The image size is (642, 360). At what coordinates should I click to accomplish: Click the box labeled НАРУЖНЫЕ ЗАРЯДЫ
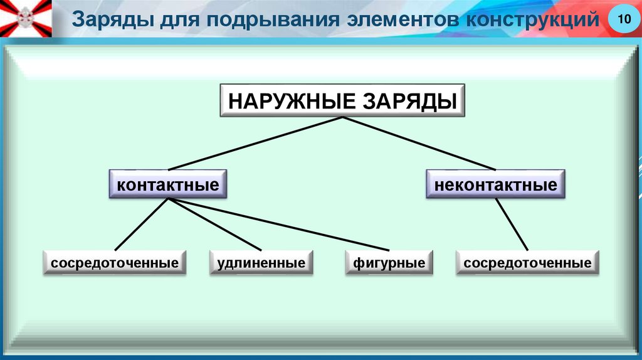pos(342,100)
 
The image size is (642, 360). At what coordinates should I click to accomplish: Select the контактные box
pos(168,185)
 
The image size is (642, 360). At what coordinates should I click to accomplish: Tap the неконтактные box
pos(495,185)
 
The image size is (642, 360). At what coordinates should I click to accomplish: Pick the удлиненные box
pos(261,263)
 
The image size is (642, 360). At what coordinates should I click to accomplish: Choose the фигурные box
pos(389,263)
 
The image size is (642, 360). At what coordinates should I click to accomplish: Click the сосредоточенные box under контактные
pos(115,263)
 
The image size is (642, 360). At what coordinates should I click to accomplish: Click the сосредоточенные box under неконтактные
pos(527,263)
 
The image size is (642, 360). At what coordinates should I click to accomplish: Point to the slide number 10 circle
pos(623,20)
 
